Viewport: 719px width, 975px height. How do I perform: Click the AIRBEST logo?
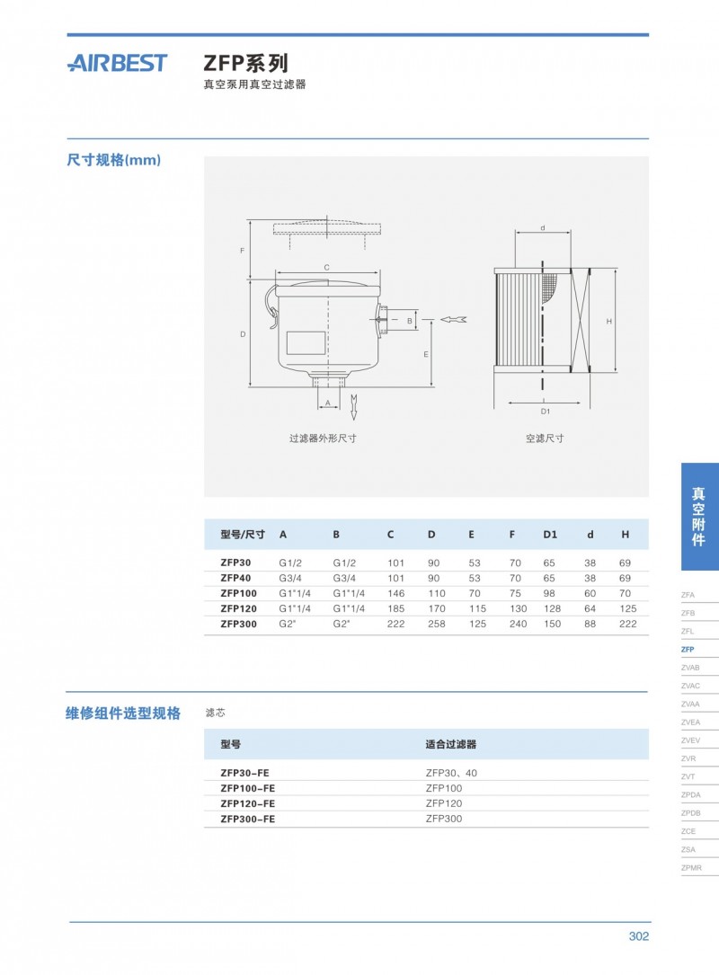pos(117,63)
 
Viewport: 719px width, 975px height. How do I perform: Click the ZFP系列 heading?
pos(245,63)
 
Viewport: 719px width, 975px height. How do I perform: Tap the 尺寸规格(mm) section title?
pos(113,160)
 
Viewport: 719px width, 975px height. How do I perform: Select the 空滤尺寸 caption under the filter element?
pos(545,439)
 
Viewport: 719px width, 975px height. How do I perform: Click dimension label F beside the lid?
pos(242,250)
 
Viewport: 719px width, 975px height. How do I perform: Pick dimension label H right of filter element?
pos(608,321)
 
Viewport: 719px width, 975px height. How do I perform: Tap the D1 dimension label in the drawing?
pos(545,411)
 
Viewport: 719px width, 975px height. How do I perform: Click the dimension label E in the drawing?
pos(425,354)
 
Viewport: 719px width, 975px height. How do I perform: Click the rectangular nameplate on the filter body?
pos(306,342)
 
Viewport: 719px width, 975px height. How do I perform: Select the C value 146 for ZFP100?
pos(395,593)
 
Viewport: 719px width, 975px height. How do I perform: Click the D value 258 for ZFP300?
pos(436,624)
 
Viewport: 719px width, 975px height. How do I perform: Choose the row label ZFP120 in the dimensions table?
pos(238,608)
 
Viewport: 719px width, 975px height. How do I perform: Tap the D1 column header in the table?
pos(550,534)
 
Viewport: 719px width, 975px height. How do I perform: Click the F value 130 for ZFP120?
pos(516,608)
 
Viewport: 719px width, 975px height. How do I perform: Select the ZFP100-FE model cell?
pos(247,788)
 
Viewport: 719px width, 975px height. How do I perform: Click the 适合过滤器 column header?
pos(450,744)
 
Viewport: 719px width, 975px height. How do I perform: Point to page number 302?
pos(638,936)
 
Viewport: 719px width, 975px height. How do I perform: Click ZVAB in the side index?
pos(690,668)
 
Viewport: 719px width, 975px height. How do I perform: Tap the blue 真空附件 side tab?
pos(699,516)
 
